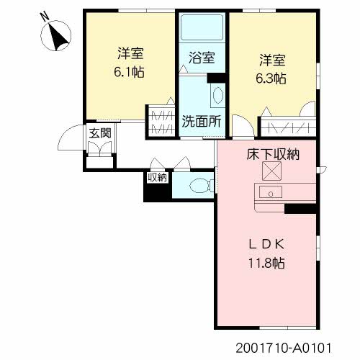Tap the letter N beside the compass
pyautogui.click(x=45, y=16)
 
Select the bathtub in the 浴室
pyautogui.click(x=202, y=27)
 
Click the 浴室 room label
pyautogui.click(x=202, y=58)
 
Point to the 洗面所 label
pyautogui.click(x=202, y=121)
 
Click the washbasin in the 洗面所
pyautogui.click(x=217, y=95)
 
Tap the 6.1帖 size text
pyautogui.click(x=129, y=71)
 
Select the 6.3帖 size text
pyautogui.click(x=271, y=78)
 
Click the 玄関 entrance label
pyautogui.click(x=100, y=133)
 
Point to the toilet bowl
pyautogui.click(x=201, y=186)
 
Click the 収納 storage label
pyautogui.click(x=157, y=178)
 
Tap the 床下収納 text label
pyautogui.click(x=273, y=154)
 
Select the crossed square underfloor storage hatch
pyautogui.click(x=271, y=171)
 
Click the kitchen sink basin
pyautogui.click(x=271, y=192)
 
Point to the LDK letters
pyautogui.click(x=266, y=244)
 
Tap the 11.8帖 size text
pyautogui.click(x=266, y=263)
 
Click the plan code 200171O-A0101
pyautogui.click(x=284, y=348)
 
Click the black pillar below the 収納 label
pyautogui.click(x=158, y=192)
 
